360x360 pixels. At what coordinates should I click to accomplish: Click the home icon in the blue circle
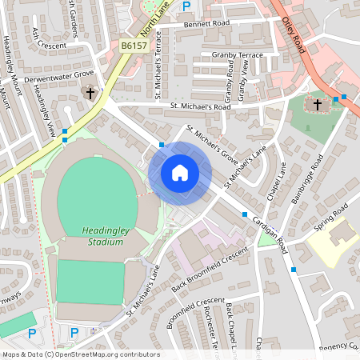point(180,172)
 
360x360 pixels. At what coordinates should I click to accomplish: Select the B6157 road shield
point(134,47)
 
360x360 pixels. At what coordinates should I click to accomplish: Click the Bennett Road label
point(206,24)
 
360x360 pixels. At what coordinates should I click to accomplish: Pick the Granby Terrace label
point(238,54)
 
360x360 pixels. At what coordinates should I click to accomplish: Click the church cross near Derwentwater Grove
point(90,94)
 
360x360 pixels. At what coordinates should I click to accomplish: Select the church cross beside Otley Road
point(318,104)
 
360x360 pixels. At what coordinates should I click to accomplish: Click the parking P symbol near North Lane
point(186,6)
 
